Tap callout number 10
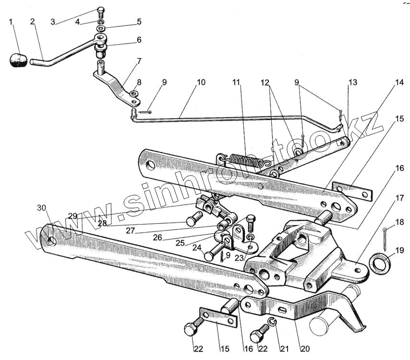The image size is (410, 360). pos(201,83)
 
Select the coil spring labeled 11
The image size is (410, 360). pos(246,160)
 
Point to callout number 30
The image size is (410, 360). pos(42,208)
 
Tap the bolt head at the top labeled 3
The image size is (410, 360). pos(101,11)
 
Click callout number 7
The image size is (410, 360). pos(139,61)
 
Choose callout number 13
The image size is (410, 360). pos(353,83)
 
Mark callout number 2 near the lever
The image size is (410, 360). pos(32,22)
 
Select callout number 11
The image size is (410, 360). pos(236,83)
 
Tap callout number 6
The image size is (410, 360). pos(139,40)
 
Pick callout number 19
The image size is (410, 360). pos(400,250)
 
